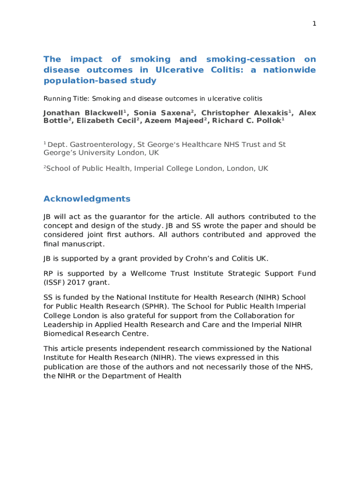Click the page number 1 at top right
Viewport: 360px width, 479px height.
[314, 24]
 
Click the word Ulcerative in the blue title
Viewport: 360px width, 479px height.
[180, 70]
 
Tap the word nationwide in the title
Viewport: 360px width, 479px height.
[289, 70]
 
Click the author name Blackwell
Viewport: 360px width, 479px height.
[104, 113]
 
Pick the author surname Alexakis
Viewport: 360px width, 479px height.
[267, 113]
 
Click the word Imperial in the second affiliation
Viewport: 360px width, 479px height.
[151, 168]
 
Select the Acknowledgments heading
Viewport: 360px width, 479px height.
[87, 199]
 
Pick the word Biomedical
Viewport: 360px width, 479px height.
[65, 334]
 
